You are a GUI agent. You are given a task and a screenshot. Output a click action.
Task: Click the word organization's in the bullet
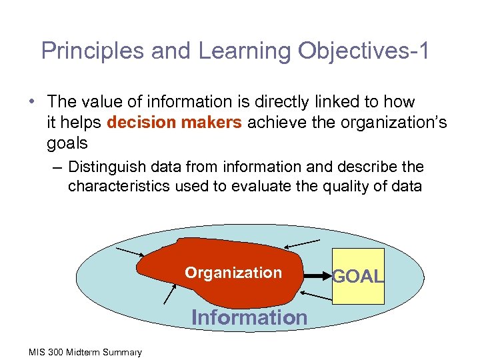tap(397, 122)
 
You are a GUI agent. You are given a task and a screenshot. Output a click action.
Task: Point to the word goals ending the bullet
tap(67, 143)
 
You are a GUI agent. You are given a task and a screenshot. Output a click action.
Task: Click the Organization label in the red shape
tap(233, 273)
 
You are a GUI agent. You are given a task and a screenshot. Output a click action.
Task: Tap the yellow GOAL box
tap(359, 276)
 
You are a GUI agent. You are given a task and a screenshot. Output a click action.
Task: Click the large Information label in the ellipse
tap(249, 317)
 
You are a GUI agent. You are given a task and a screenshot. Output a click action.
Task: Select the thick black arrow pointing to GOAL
tap(316, 274)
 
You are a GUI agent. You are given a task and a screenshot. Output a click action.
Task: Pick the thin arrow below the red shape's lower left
tap(169, 293)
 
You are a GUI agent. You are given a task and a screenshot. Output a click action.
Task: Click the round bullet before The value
tap(32, 102)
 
